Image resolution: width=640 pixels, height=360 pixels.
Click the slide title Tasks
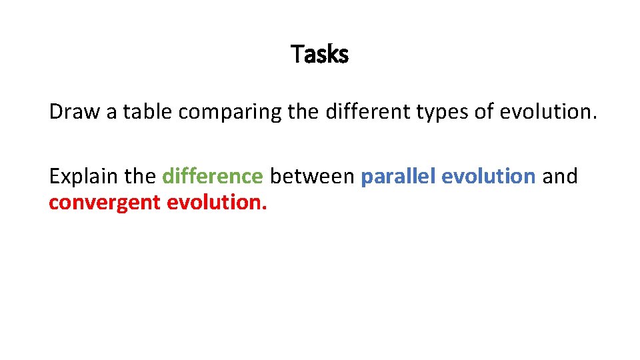click(x=320, y=54)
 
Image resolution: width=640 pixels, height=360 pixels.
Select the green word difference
click(x=213, y=177)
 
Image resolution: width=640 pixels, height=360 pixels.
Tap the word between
click(x=312, y=177)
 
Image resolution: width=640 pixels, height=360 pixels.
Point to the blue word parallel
click(x=398, y=177)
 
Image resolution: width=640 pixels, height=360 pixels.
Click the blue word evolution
click(x=489, y=177)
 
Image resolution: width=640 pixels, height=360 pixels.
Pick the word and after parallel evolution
click(x=560, y=177)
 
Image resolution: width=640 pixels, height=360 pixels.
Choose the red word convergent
click(x=105, y=203)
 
